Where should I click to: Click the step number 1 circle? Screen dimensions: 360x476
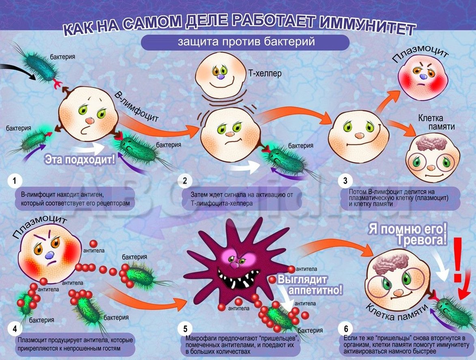tap(15, 180)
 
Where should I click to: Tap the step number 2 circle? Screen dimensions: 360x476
tap(185, 180)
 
